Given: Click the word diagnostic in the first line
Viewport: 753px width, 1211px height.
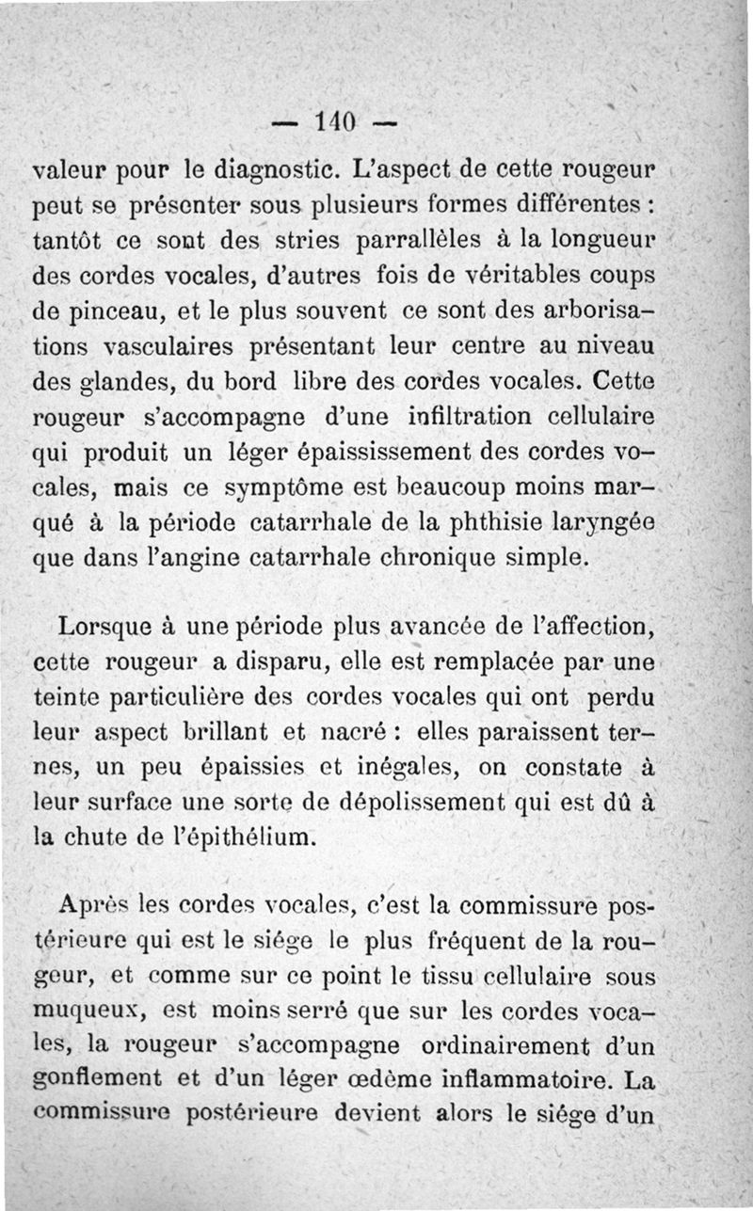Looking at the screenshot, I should tap(274, 172).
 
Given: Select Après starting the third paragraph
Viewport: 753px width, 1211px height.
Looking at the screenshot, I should tap(92, 909).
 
